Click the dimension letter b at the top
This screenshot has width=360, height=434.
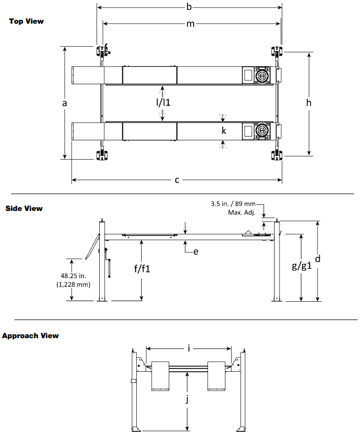pyautogui.click(x=189, y=7)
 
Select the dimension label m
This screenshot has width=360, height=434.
pyautogui.click(x=190, y=24)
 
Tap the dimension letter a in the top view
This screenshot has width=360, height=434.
pyautogui.click(x=65, y=103)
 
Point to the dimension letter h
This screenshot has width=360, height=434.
pyautogui.click(x=309, y=102)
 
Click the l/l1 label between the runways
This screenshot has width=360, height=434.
pyautogui.click(x=163, y=102)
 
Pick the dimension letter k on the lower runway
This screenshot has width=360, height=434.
pyautogui.click(x=224, y=131)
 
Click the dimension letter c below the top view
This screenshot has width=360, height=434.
pyautogui.click(x=177, y=181)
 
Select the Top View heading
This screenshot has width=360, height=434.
pyautogui.click(x=26, y=21)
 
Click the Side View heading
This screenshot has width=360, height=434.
pyautogui.click(x=24, y=208)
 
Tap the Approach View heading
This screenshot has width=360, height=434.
pyautogui.click(x=30, y=336)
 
